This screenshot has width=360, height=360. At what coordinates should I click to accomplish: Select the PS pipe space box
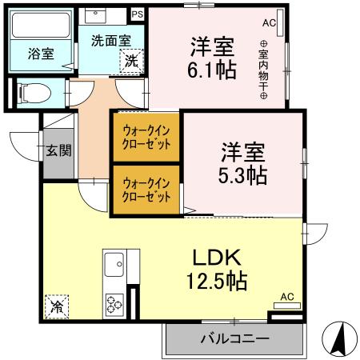(137, 14)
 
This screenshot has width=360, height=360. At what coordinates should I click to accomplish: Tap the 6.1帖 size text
(212, 70)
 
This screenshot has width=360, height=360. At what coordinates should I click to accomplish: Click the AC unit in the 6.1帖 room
(268, 23)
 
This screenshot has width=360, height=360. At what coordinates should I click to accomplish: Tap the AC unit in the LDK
(286, 297)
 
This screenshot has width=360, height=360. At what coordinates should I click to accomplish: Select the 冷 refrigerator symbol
(57, 305)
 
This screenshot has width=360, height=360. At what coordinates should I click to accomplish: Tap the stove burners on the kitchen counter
(114, 304)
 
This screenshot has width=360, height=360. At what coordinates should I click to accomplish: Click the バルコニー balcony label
(234, 339)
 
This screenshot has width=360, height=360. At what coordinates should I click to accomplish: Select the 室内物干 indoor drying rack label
(262, 70)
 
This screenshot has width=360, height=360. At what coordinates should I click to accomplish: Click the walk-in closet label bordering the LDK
(146, 190)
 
